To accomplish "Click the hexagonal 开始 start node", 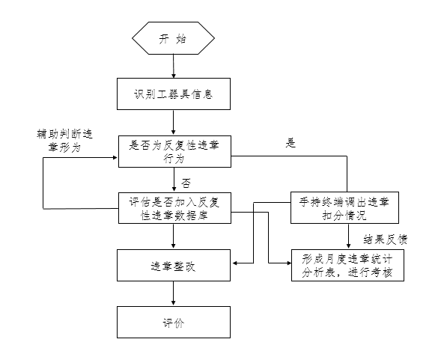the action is [x=173, y=38].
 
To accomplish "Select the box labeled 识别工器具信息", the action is [x=174, y=94].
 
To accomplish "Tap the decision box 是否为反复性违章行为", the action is [x=174, y=152].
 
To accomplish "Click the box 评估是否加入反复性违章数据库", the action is [x=174, y=208].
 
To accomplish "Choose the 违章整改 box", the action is [x=174, y=265].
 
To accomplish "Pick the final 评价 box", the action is [x=174, y=323].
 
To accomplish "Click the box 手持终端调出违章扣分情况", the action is [x=344, y=208].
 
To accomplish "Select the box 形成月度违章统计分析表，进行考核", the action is [x=347, y=265].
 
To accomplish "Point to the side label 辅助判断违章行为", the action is [x=64, y=141].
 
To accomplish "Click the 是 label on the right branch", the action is [x=291, y=143].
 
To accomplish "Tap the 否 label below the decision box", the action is [x=186, y=183].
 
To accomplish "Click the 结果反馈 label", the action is [x=386, y=240].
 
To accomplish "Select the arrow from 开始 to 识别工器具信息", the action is [x=174, y=66].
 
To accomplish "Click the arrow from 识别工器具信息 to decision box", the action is [x=173, y=123].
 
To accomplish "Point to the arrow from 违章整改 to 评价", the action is [x=173, y=293].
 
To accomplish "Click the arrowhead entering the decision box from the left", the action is [x=115, y=157].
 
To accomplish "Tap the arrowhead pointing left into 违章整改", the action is [x=235, y=263].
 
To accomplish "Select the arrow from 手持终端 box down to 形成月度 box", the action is [x=349, y=237].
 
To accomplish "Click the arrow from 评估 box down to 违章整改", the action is [x=173, y=237].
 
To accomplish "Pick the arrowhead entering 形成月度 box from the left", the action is [x=289, y=263].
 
